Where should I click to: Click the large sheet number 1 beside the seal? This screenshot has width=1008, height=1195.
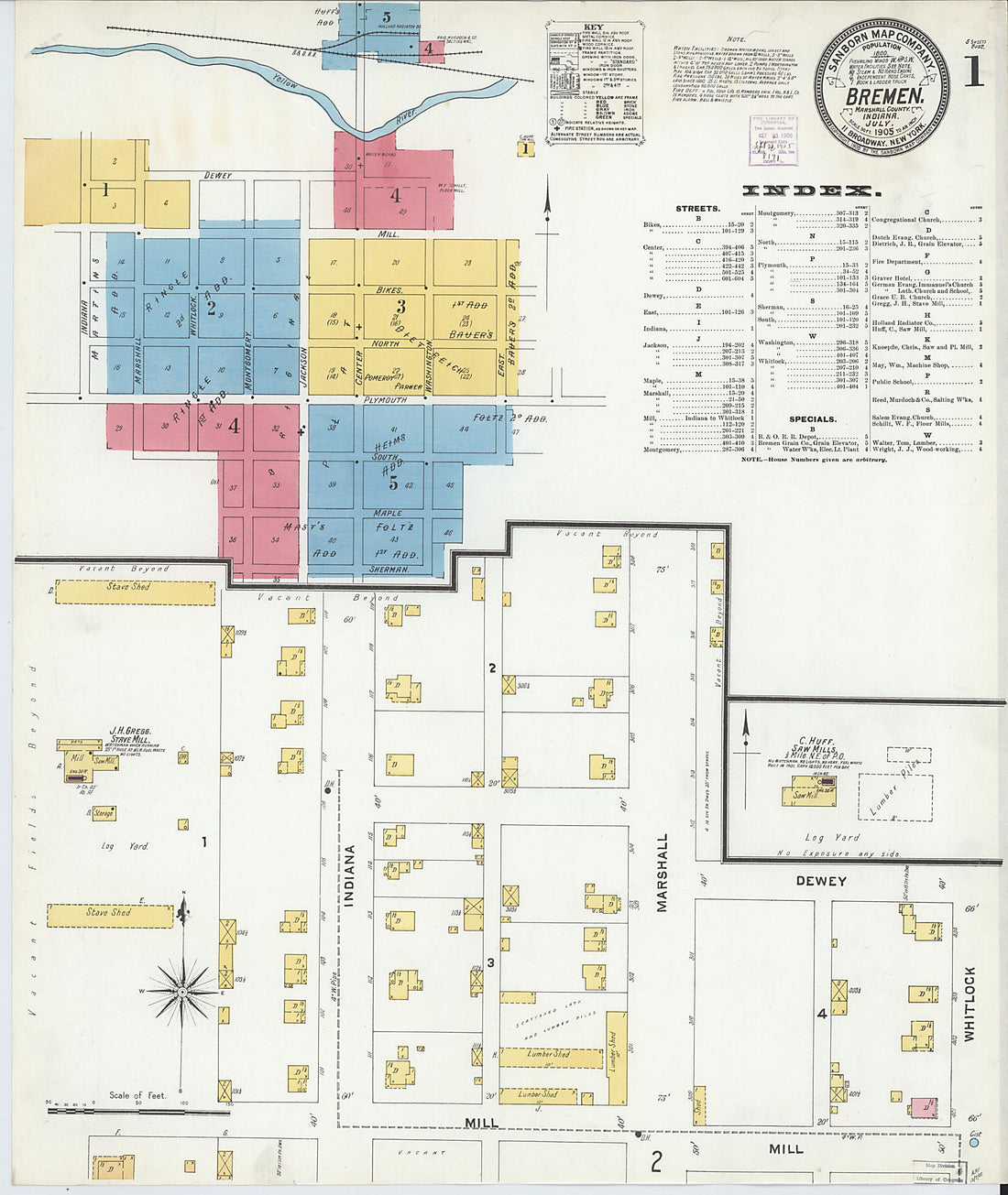pyautogui.click(x=972, y=71)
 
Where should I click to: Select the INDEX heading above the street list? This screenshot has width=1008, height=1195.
pyautogui.click(x=806, y=190)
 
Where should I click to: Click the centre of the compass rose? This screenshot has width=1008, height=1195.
pyautogui.click(x=182, y=991)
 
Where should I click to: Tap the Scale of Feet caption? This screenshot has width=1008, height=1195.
pyautogui.click(x=137, y=1094)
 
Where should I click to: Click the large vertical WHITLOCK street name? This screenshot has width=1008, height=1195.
pyautogui.click(x=970, y=1004)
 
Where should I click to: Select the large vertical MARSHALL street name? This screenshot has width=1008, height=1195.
pyautogui.click(x=662, y=872)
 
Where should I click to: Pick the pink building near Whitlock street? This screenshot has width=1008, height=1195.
pyautogui.click(x=924, y=1107)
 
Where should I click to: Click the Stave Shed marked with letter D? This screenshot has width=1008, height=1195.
pyautogui.click(x=136, y=592)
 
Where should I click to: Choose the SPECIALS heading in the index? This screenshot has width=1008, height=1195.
pyautogui.click(x=812, y=418)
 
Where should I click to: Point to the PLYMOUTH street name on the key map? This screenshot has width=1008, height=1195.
pyautogui.click(x=385, y=400)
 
